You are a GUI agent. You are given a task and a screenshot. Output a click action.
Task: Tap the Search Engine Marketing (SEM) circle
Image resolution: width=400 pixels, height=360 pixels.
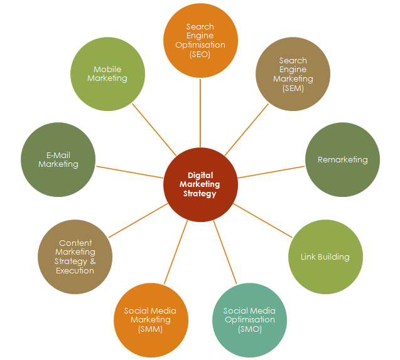coord(293,74)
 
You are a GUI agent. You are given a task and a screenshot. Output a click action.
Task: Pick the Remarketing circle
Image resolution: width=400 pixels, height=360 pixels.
coord(342,159)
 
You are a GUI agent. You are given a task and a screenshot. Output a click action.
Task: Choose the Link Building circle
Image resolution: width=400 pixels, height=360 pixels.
coord(325,257)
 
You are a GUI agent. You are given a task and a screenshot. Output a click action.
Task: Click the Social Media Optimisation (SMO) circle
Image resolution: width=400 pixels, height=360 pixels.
coord(249,320)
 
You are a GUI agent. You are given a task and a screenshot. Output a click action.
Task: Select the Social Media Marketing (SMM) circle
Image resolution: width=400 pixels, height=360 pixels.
coord(150,320)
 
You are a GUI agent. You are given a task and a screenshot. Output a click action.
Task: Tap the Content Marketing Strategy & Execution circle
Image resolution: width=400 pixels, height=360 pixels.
coord(75,257)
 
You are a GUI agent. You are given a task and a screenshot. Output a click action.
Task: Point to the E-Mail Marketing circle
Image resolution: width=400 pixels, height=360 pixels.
coord(58,159)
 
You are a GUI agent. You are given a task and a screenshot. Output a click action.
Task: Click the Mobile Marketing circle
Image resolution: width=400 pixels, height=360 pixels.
coord(107,74)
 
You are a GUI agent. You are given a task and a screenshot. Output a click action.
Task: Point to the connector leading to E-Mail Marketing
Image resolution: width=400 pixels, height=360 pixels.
coord(129,172)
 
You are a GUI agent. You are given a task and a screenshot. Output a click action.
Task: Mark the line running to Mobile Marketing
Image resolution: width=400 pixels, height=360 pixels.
coord(154,129)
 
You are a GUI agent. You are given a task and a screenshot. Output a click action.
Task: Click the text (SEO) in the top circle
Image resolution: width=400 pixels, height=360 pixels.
coord(200,55)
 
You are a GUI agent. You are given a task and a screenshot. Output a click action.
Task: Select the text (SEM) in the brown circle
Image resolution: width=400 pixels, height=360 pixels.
coord(293,88)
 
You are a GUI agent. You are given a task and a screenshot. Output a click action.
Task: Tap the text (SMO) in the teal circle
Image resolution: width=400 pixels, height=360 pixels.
coord(249,329)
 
